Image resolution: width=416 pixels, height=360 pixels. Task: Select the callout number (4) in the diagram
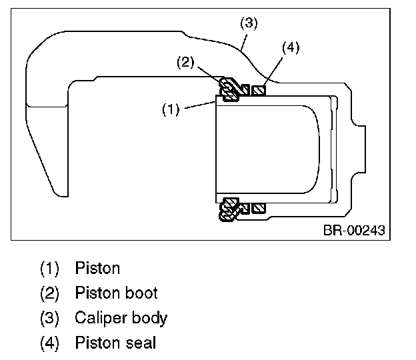pyautogui.click(x=291, y=47)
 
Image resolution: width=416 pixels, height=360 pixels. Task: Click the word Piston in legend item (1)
pyautogui.click(x=97, y=269)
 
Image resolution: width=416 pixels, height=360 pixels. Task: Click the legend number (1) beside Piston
pyautogui.click(x=50, y=269)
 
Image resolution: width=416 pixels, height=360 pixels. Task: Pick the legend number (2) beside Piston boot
pyautogui.click(x=50, y=293)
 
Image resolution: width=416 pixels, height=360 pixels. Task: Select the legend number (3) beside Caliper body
pyautogui.click(x=50, y=318)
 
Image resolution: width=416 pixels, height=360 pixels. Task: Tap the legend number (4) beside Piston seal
pyautogui.click(x=50, y=343)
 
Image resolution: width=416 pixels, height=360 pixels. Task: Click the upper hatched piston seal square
pyautogui.click(x=259, y=90)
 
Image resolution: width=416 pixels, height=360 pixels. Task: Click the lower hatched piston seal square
pyautogui.click(x=259, y=208)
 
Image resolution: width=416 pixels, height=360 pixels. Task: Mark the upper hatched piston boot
pyautogui.click(x=230, y=90)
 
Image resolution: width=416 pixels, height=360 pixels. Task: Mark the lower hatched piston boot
pyautogui.click(x=231, y=209)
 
